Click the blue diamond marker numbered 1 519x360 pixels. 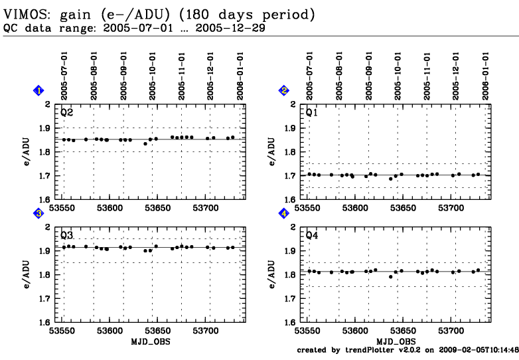click(38, 90)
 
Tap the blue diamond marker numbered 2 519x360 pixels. click(283, 90)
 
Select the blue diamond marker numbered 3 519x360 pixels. click(38, 213)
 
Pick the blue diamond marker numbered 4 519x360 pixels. click(283, 213)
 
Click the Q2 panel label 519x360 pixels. click(66, 113)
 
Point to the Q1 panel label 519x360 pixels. click(311, 113)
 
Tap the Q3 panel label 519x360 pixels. click(66, 235)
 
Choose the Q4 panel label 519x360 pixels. click(311, 235)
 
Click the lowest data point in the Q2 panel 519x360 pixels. click(145, 143)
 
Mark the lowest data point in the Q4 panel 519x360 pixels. click(391, 276)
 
